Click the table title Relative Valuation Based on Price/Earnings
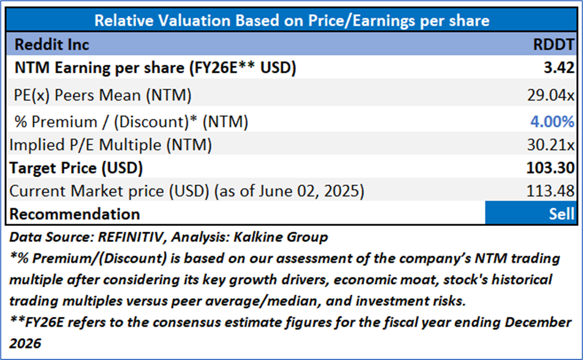tap(291, 21)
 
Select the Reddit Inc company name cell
tap(52, 44)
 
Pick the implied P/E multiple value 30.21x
tap(549, 145)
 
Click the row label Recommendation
tap(75, 214)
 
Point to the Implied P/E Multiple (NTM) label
tap(111, 145)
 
